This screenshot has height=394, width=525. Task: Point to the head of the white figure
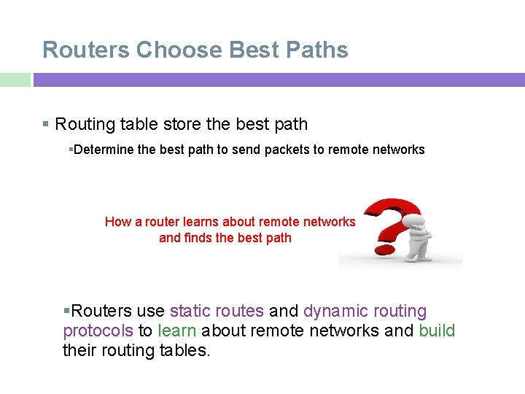pos(416,212)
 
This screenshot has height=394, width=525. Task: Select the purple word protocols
pos(98,331)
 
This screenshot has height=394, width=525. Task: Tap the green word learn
pos(176,331)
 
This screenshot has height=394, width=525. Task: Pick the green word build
pos(437,331)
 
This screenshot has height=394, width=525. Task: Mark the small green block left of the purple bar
pos(15,80)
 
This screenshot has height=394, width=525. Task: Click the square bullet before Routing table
pos(46,125)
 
